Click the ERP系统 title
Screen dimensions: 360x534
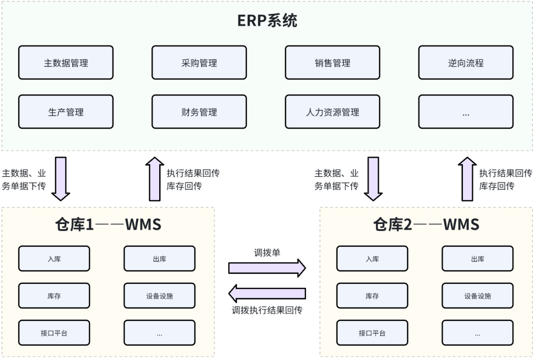(267, 21)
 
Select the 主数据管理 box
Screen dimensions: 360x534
(66, 63)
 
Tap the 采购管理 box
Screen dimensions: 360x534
(199, 63)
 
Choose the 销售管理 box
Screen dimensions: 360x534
(332, 63)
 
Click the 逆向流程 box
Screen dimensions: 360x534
(466, 63)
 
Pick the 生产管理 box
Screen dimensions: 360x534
(66, 112)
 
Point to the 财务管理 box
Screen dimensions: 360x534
(199, 112)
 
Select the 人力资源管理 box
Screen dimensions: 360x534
(332, 112)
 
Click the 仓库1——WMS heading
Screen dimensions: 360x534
(108, 225)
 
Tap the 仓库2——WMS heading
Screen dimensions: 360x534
(426, 225)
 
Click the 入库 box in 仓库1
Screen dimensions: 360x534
(54, 259)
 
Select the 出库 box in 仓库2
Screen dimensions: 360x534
(478, 259)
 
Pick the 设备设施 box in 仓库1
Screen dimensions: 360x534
(159, 296)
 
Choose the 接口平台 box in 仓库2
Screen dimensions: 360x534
(372, 333)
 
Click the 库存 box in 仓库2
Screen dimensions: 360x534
(372, 296)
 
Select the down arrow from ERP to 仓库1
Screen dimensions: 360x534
(61, 179)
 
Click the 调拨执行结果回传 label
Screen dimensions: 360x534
(267, 311)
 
